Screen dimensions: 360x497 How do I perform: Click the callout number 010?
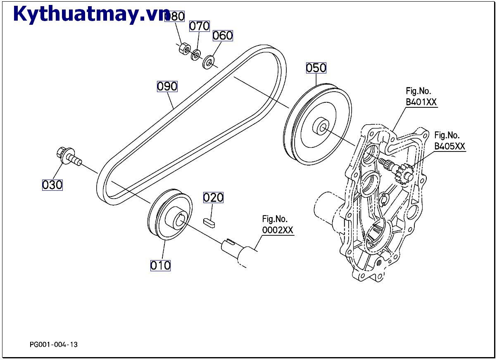(160, 265)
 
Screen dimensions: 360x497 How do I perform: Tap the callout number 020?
(213, 198)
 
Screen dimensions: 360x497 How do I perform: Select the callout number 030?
(52, 185)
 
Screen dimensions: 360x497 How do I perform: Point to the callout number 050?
(316, 68)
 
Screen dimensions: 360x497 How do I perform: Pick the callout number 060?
(223, 36)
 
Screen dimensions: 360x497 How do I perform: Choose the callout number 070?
(200, 26)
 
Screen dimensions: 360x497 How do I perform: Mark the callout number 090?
(167, 86)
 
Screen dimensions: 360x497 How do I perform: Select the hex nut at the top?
(184, 49)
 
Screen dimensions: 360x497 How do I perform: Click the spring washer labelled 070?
(196, 54)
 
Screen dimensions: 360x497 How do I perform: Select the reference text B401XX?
(421, 102)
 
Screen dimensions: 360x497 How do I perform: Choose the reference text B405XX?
(449, 146)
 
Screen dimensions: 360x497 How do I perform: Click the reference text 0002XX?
(278, 230)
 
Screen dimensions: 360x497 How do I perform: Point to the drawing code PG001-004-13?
(54, 344)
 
